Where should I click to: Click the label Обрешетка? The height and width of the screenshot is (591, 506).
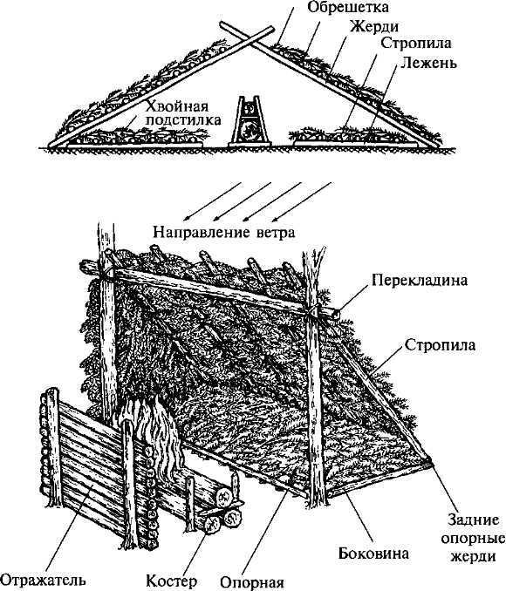coord(347,7)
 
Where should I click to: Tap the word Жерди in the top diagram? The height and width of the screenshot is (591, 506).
coord(374,27)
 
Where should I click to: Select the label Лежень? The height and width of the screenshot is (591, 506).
coord(428,63)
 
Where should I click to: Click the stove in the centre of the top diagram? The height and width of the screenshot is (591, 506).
coord(250,121)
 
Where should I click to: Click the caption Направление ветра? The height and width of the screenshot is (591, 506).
coord(223,232)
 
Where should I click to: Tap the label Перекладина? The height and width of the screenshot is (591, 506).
coord(420,281)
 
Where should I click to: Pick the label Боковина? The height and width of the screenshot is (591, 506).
coord(373,554)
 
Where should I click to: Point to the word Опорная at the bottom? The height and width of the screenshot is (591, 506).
coord(252,584)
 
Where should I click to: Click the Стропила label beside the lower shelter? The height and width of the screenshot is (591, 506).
coord(440,345)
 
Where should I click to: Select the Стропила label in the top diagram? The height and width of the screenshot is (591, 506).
coord(416,43)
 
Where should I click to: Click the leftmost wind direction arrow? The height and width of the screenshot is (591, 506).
coord(212,201)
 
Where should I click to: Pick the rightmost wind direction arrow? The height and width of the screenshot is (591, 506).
coord(302,201)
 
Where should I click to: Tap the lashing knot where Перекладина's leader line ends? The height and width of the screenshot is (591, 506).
coord(337,312)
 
